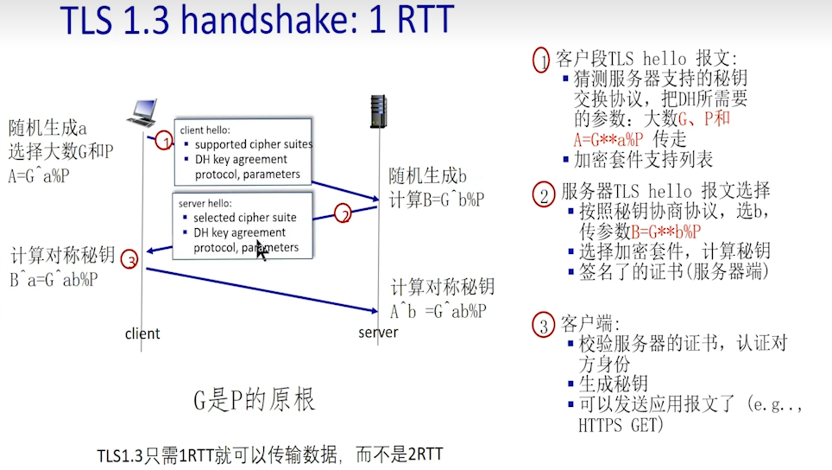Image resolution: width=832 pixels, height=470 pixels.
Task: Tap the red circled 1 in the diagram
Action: pos(165,142)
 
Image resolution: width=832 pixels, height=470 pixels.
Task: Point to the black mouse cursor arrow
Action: pos(262,252)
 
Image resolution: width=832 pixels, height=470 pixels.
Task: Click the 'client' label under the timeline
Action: pos(142,333)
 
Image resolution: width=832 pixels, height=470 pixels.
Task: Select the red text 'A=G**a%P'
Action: pos(610,139)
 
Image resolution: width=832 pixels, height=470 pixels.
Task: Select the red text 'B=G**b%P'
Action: pos(665,231)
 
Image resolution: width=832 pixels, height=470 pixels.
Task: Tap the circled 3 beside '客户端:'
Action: pos(543,326)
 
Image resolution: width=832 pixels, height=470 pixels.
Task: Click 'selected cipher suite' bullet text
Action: pos(245,218)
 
